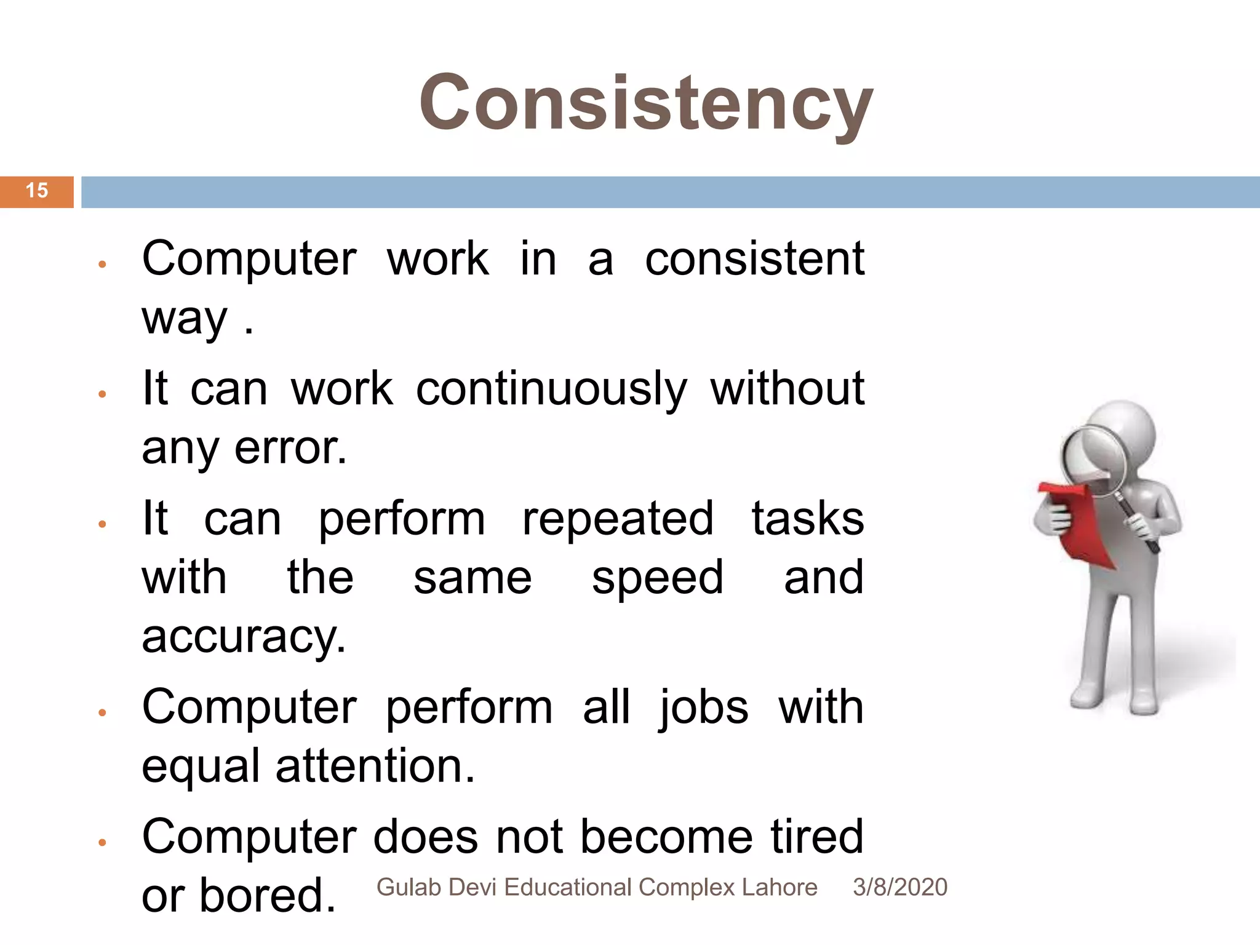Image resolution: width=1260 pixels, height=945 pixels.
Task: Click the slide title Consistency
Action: (x=646, y=103)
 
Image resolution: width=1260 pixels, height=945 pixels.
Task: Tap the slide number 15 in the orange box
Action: (x=37, y=191)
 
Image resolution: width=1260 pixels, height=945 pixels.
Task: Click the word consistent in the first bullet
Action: (x=754, y=259)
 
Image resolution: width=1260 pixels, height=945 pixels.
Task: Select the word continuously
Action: (x=551, y=390)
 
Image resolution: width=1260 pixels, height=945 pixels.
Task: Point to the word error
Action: (x=290, y=448)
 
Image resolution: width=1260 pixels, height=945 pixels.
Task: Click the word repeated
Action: (x=618, y=519)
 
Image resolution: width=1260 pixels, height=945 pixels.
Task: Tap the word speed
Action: (x=657, y=578)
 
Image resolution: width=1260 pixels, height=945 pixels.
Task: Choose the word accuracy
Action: (x=244, y=637)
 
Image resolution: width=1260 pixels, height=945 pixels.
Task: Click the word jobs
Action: (x=703, y=708)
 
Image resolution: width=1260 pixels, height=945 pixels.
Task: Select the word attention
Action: (x=375, y=767)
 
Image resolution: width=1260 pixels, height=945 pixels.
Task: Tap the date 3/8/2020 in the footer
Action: (x=899, y=888)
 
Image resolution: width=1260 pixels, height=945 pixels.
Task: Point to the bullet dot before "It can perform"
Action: (x=103, y=524)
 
